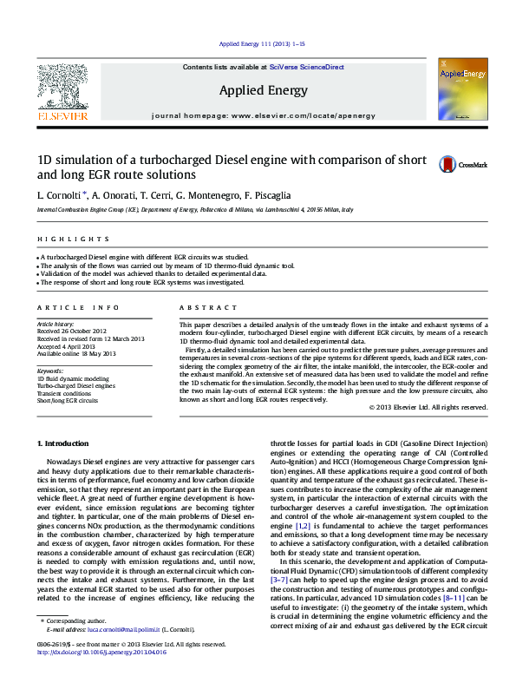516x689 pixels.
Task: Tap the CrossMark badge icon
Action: (x=447, y=164)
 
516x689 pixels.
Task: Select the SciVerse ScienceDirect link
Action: (x=306, y=67)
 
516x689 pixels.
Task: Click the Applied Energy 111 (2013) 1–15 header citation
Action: (x=260, y=43)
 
